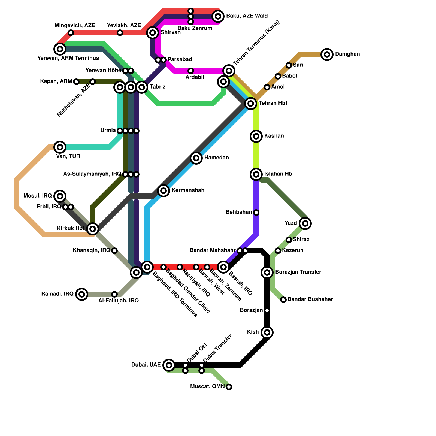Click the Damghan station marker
327,55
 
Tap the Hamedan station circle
196,158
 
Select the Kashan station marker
256,136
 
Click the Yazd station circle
305,223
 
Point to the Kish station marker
267,332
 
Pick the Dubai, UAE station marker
169,365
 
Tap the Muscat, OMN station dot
229,387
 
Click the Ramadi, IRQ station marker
82,294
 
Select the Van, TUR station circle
60,147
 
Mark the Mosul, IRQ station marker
60,196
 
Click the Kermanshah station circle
163,191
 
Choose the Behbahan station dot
256,213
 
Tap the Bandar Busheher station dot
283,300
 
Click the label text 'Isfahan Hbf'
279,174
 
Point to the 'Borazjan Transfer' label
298,272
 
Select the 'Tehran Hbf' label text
273,103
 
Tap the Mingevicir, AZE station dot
71,33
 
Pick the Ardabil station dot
191,71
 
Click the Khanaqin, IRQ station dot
114,251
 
